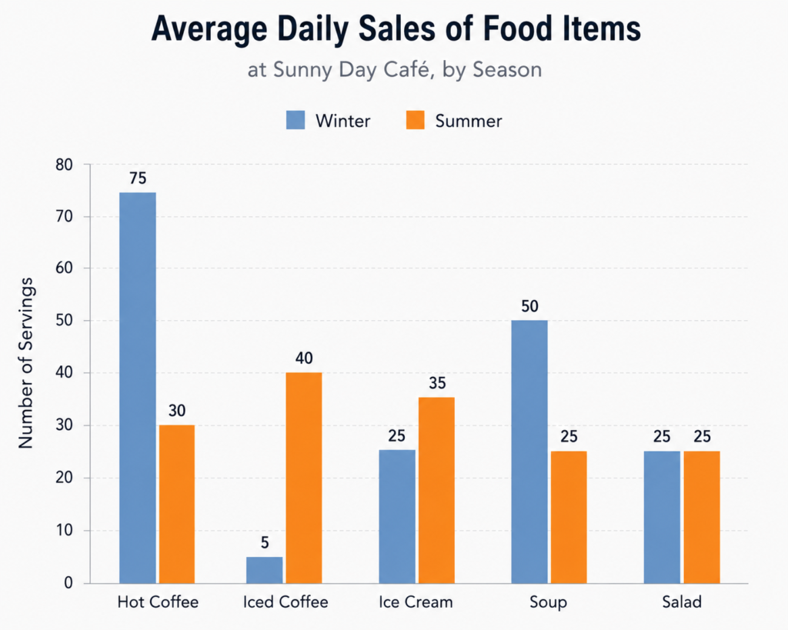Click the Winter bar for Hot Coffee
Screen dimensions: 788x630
click(138, 388)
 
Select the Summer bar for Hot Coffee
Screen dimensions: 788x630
click(177, 504)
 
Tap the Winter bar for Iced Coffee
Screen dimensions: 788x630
click(265, 570)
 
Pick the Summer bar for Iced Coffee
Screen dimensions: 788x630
click(304, 478)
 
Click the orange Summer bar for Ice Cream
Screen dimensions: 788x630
click(437, 490)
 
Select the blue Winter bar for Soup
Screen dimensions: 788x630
click(529, 452)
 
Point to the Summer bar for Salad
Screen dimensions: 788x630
click(702, 517)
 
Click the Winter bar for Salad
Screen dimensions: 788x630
click(662, 517)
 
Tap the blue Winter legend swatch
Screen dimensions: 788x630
click(295, 121)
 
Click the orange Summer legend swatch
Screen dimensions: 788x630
click(415, 121)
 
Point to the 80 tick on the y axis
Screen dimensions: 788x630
click(65, 165)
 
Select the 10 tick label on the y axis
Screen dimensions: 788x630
click(65, 531)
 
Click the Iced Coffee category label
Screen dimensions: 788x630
click(285, 602)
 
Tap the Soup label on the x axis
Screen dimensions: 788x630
click(548, 602)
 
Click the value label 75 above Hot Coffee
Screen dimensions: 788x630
click(138, 178)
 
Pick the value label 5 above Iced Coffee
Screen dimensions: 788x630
click(265, 542)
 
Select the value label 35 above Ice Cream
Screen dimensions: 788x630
click(437, 383)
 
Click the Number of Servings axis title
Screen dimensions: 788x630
click(25, 363)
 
